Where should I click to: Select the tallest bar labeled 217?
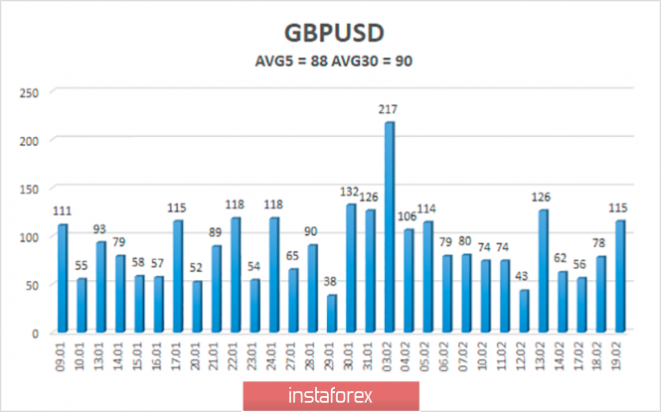point(390,227)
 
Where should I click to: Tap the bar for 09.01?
point(63,278)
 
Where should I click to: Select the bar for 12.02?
point(524,311)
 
